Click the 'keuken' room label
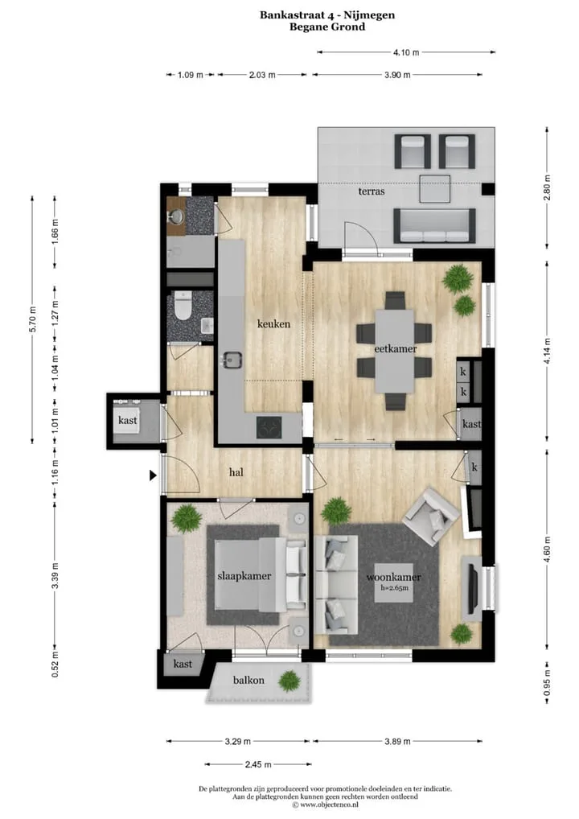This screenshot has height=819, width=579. point(273,324)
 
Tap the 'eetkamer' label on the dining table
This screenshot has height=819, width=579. point(395,348)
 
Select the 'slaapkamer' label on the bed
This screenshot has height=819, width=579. point(244,576)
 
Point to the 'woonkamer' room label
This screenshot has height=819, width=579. point(394,577)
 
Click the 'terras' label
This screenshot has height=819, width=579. point(372,191)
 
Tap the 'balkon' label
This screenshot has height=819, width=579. point(248,680)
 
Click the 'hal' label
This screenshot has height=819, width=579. point(236,472)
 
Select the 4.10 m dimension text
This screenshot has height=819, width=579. point(406,52)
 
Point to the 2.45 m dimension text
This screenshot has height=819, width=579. point(258,764)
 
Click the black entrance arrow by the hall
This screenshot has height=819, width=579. point(153,475)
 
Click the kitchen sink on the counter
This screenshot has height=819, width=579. point(232,360)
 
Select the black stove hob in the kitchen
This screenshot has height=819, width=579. point(269,427)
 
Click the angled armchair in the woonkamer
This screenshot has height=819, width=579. point(431,517)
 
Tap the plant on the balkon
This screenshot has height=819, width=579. point(289,681)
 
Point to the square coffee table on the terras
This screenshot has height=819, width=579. point(435,188)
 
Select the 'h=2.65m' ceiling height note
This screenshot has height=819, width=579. point(394,587)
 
